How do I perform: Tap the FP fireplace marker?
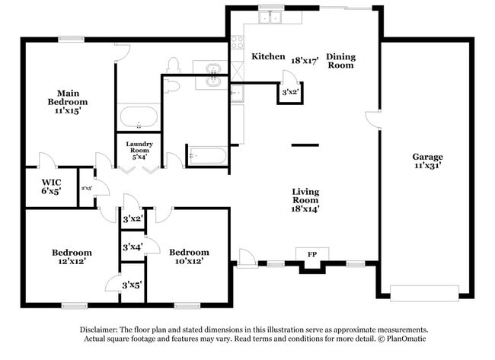click(311, 253)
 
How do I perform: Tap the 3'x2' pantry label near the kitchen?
click(290, 92)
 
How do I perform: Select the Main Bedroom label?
click(68, 101)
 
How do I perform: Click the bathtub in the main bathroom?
click(138, 118)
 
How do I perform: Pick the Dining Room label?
click(340, 61)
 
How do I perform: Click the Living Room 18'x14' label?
click(305, 199)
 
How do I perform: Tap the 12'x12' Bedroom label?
click(72, 256)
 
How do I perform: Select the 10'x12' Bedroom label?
click(189, 256)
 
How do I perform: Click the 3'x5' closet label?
click(133, 285)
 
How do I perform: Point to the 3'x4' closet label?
click(133, 247)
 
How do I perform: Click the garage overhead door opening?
click(424, 293)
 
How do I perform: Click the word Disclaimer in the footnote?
click(102, 330)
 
